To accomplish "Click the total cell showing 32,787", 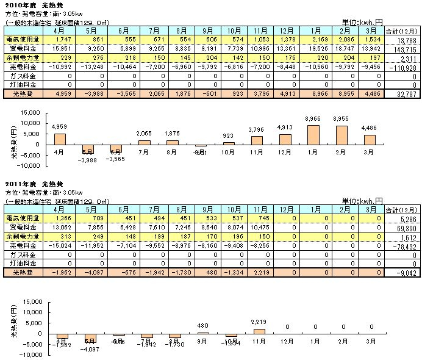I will (x=406, y=95).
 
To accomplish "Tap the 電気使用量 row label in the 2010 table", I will (x=20, y=38).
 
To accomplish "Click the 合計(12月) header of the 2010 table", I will (x=405, y=29).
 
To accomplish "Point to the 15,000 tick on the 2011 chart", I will (x=30, y=301).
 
